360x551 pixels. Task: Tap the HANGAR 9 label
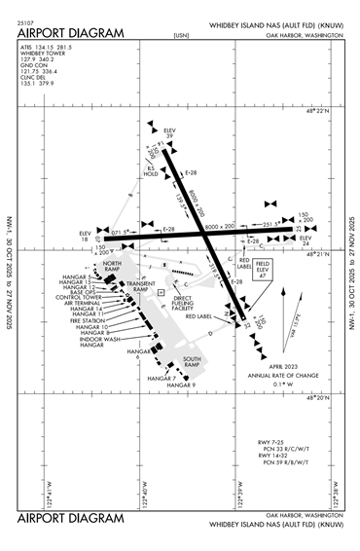(x=181, y=386)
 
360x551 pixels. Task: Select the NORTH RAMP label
(x=112, y=267)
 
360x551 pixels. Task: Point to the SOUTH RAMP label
(x=191, y=362)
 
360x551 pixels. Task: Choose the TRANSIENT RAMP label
(x=142, y=287)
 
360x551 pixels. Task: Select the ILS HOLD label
(x=151, y=170)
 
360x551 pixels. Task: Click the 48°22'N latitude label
(x=317, y=115)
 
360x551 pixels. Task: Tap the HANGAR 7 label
(x=161, y=378)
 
